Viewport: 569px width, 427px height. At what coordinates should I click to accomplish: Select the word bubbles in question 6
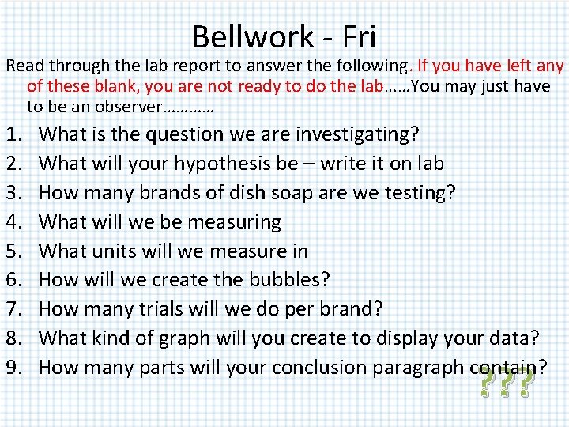click(x=287, y=280)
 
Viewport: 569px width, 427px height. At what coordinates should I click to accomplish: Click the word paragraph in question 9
click(x=409, y=368)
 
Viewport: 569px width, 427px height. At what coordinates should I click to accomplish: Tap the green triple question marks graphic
click(x=507, y=384)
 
